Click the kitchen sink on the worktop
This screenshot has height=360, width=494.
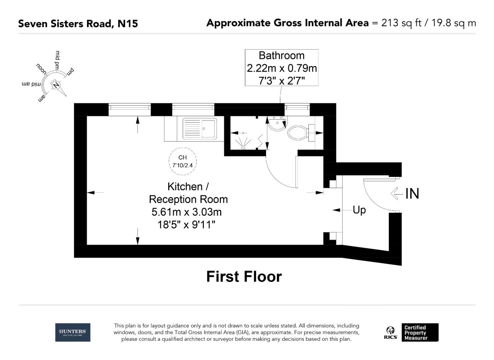coord(199,129)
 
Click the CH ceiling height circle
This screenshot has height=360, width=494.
coord(183,161)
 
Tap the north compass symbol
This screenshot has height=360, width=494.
coord(56,85)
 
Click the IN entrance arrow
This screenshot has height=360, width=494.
coord(396,193)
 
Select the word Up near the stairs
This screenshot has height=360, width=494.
coord(359,210)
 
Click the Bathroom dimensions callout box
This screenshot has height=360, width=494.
coord(281,68)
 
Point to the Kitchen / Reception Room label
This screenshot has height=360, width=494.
coord(188,193)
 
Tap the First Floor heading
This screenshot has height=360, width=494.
coord(244,277)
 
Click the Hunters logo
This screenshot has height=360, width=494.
coord(73,332)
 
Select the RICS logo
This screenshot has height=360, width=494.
coord(390,333)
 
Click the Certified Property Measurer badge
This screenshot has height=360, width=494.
coord(420,332)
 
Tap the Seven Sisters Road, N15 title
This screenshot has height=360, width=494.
coord(78,24)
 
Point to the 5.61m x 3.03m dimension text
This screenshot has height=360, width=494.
coord(187,212)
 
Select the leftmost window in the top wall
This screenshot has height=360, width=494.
coord(130,107)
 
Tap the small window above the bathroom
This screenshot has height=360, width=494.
coord(297,107)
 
